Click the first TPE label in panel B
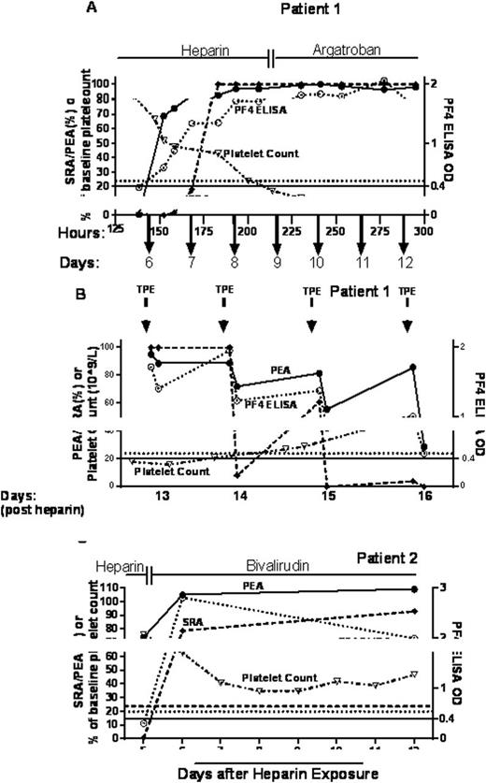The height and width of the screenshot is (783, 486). coord(145,290)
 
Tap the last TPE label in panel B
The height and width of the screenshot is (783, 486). coord(406,290)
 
